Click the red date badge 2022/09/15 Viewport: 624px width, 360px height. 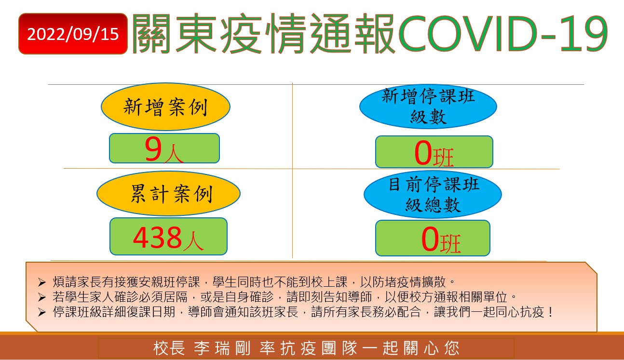click(73, 34)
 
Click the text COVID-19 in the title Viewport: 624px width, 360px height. click(503, 34)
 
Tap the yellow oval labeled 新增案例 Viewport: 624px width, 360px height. click(165, 107)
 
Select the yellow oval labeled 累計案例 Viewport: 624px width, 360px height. click(168, 193)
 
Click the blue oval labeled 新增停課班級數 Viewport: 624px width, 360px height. click(428, 107)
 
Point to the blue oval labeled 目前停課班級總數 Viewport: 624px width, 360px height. click(433, 194)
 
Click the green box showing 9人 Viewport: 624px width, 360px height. click(164, 148)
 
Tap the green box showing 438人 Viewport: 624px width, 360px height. click(168, 236)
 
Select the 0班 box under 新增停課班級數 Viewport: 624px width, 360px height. click(434, 152)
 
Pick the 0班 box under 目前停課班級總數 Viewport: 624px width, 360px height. click(433, 238)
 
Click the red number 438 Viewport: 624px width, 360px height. click(157, 237)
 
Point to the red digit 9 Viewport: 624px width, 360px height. click(153, 149)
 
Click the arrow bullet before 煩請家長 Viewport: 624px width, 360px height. click(42, 282)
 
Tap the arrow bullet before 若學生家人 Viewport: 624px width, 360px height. click(42, 297)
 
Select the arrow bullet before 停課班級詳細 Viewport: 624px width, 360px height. click(42, 312)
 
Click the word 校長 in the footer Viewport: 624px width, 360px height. click(169, 348)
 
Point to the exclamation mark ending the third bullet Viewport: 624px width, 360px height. click(550, 312)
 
